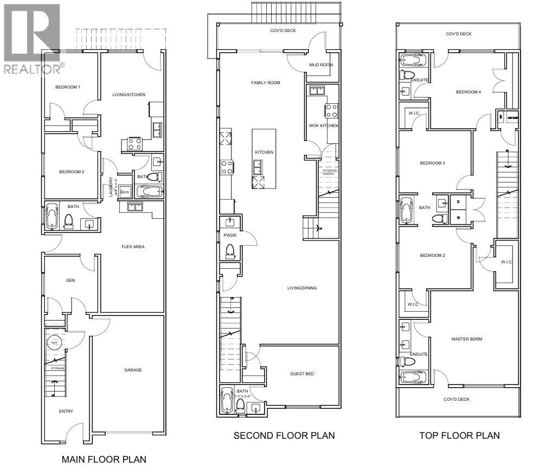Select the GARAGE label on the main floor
[133, 370]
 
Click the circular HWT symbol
[54, 343]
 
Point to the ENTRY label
[66, 411]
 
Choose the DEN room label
[70, 280]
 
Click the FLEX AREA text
[133, 247]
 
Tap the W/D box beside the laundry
[125, 192]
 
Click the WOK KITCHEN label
[324, 125]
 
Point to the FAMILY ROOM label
[265, 83]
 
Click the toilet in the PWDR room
[230, 251]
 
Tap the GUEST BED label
[302, 374]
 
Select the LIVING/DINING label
[302, 288]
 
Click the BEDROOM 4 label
[468, 92]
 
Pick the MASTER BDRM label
[467, 339]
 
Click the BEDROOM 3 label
[432, 163]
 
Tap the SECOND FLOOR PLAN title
[284, 436]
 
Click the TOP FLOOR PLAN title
[459, 436]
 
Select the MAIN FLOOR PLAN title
[104, 459]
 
